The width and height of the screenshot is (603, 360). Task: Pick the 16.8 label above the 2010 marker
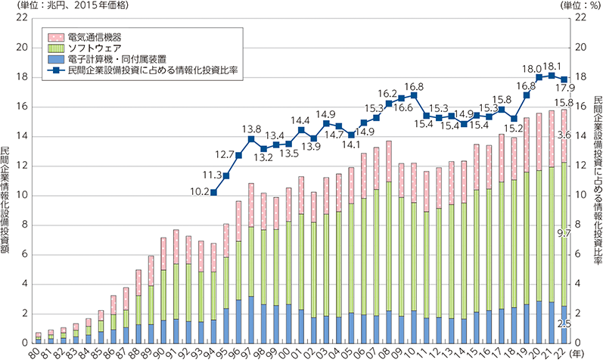pos(413,86)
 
